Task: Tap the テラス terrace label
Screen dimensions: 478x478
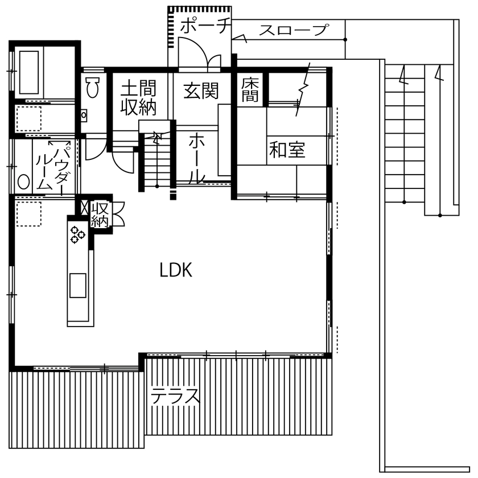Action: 175,395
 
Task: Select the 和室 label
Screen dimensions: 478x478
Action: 287,150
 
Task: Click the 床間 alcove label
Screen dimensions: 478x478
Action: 250,90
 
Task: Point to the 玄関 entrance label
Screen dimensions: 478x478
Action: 201,90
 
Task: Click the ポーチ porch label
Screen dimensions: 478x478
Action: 205,26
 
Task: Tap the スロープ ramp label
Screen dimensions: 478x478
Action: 294,30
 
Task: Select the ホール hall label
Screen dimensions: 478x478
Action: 196,158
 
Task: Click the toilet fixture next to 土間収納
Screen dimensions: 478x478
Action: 92,88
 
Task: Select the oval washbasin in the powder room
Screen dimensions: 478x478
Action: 23,182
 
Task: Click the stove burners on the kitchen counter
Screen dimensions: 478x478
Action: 77,235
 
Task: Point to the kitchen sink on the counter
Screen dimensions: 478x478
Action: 77,285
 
